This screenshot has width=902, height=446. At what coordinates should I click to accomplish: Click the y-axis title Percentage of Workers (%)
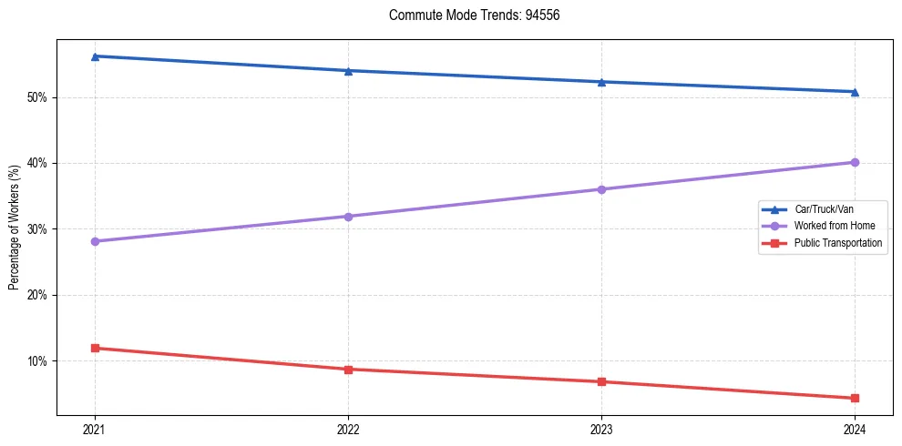14,228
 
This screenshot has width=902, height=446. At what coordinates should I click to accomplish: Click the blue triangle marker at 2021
95,56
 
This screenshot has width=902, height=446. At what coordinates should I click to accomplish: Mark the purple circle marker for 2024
855,162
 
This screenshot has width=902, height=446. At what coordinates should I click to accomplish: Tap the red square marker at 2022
348,369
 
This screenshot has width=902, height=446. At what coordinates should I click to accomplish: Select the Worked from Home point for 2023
601,189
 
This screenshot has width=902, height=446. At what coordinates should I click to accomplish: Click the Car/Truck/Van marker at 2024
855,92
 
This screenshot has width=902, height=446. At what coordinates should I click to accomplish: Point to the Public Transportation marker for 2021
95,348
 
